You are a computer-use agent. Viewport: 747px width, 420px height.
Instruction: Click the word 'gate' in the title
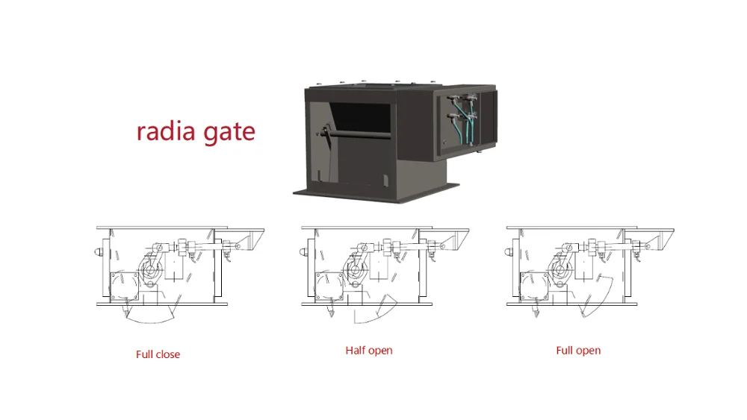click(228, 134)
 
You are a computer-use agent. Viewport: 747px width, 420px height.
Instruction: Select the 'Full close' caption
click(158, 354)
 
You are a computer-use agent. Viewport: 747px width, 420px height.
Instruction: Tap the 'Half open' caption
click(368, 350)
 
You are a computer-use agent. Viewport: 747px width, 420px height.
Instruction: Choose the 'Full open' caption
click(578, 350)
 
